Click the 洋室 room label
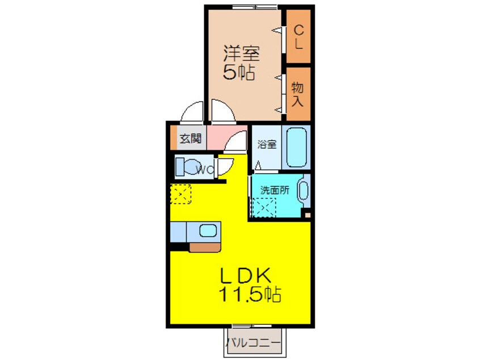click(x=241, y=53)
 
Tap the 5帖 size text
click(x=239, y=72)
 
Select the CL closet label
click(x=298, y=37)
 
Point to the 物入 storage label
click(x=297, y=94)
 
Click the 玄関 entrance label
click(x=191, y=139)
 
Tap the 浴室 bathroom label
click(x=267, y=144)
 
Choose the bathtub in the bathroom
click(x=296, y=147)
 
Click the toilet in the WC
click(x=190, y=167)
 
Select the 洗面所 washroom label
click(x=275, y=190)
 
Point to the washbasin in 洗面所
click(x=303, y=191)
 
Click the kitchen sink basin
click(x=208, y=230)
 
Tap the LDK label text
click(x=246, y=275)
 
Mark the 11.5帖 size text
click(x=250, y=295)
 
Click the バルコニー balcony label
click(x=254, y=342)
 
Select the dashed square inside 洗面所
click(x=264, y=208)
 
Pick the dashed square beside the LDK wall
click(x=180, y=194)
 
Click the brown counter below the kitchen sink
click(x=205, y=247)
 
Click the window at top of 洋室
click(x=255, y=7)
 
